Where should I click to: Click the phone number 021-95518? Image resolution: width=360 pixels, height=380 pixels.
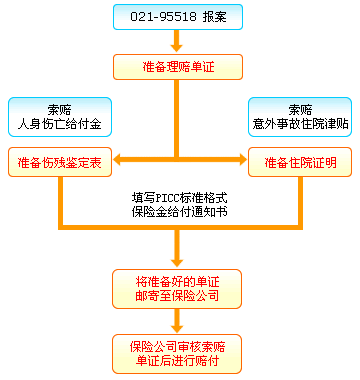(x=161, y=18)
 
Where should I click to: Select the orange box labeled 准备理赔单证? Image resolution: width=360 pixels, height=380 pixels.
(x=178, y=68)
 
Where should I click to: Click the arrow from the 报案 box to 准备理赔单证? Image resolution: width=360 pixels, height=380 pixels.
(x=178, y=42)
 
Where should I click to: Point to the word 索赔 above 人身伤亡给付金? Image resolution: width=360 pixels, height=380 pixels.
(x=59, y=108)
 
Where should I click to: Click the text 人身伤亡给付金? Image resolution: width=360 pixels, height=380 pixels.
(x=59, y=125)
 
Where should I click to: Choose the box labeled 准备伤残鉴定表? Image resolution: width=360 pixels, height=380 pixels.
(x=59, y=160)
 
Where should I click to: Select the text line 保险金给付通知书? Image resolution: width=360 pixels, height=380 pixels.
(x=178, y=212)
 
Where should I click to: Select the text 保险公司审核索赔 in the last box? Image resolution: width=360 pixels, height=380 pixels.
(x=178, y=345)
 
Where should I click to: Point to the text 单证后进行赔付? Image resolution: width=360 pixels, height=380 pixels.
(x=178, y=361)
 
